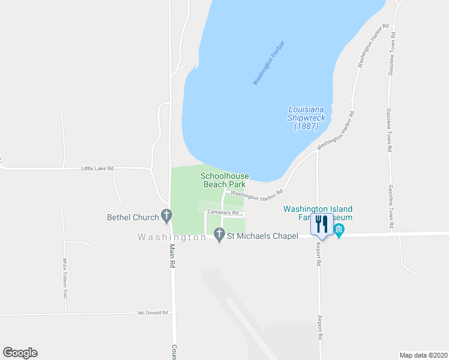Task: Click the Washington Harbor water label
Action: [268, 63]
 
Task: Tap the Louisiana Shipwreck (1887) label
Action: [306, 118]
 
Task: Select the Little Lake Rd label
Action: [97, 169]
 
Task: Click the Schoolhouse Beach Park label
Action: [224, 180]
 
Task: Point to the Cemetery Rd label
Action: [223, 212]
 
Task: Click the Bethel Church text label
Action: [133, 217]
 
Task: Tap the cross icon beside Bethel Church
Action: [166, 216]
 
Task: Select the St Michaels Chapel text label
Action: [262, 236]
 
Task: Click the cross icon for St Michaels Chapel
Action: [219, 236]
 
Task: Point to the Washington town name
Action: [172, 237]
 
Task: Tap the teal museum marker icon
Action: [339, 230]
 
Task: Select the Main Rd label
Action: [171, 256]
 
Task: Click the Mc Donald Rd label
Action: [154, 313]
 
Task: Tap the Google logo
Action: [20, 353]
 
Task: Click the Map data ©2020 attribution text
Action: [423, 355]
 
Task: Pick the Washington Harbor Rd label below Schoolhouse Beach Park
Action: [256, 194]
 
